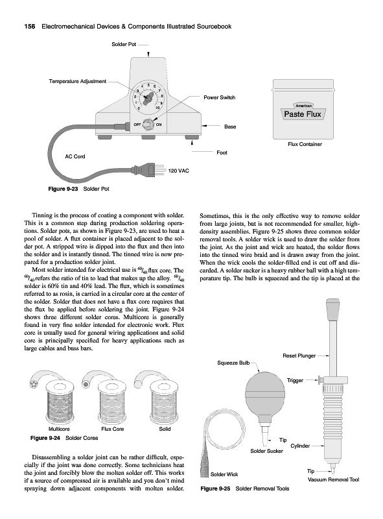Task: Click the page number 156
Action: click(x=30, y=27)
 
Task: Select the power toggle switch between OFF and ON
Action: click(x=148, y=125)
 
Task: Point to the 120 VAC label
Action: click(x=179, y=171)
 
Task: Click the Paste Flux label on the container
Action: click(x=303, y=114)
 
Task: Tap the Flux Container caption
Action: click(x=305, y=144)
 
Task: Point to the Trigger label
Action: click(x=295, y=380)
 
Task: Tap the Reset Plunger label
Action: click(x=299, y=356)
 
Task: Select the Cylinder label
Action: click(x=300, y=446)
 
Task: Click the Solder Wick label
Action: click(x=224, y=474)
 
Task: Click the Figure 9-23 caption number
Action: click(x=63, y=189)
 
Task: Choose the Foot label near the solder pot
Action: click(x=222, y=152)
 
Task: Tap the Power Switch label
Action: click(x=219, y=97)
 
